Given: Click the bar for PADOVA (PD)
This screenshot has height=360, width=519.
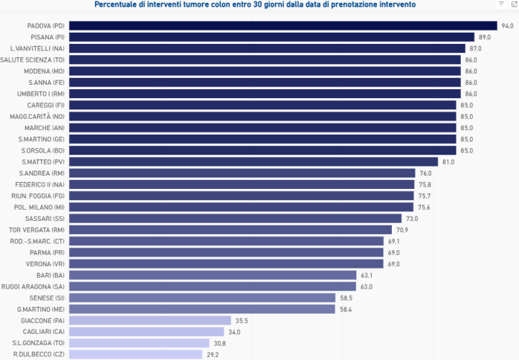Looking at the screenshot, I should click(x=283, y=25).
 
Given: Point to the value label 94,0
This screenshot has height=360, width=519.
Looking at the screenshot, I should click(x=508, y=25).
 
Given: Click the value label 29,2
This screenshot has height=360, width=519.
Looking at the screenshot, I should click(x=212, y=354).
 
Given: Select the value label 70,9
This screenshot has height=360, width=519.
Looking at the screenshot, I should click(x=402, y=230).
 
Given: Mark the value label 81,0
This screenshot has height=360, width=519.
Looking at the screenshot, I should click(x=448, y=161).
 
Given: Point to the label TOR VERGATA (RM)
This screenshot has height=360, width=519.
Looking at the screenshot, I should click(x=36, y=230).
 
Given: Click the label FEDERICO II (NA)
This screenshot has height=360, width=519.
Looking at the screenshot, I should click(x=39, y=184).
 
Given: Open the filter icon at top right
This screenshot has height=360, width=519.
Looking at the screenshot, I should click(x=502, y=4).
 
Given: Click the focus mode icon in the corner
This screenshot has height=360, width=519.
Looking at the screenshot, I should click(x=514, y=4).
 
